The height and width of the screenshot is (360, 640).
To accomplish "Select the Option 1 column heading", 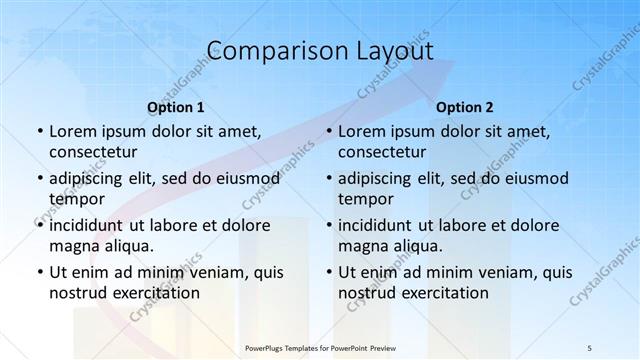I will tap(176, 107).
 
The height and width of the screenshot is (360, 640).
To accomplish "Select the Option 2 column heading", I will tap(465, 107).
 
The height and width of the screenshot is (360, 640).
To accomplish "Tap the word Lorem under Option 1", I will tap(73, 131).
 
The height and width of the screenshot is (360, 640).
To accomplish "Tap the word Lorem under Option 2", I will tap(362, 131).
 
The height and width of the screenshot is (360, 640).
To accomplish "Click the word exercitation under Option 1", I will tap(155, 293).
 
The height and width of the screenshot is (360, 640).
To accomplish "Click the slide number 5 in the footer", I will tap(590, 347).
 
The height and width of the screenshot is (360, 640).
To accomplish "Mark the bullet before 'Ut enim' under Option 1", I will tap(39, 272).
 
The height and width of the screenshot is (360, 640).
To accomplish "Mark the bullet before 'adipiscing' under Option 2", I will tap(328, 178).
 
